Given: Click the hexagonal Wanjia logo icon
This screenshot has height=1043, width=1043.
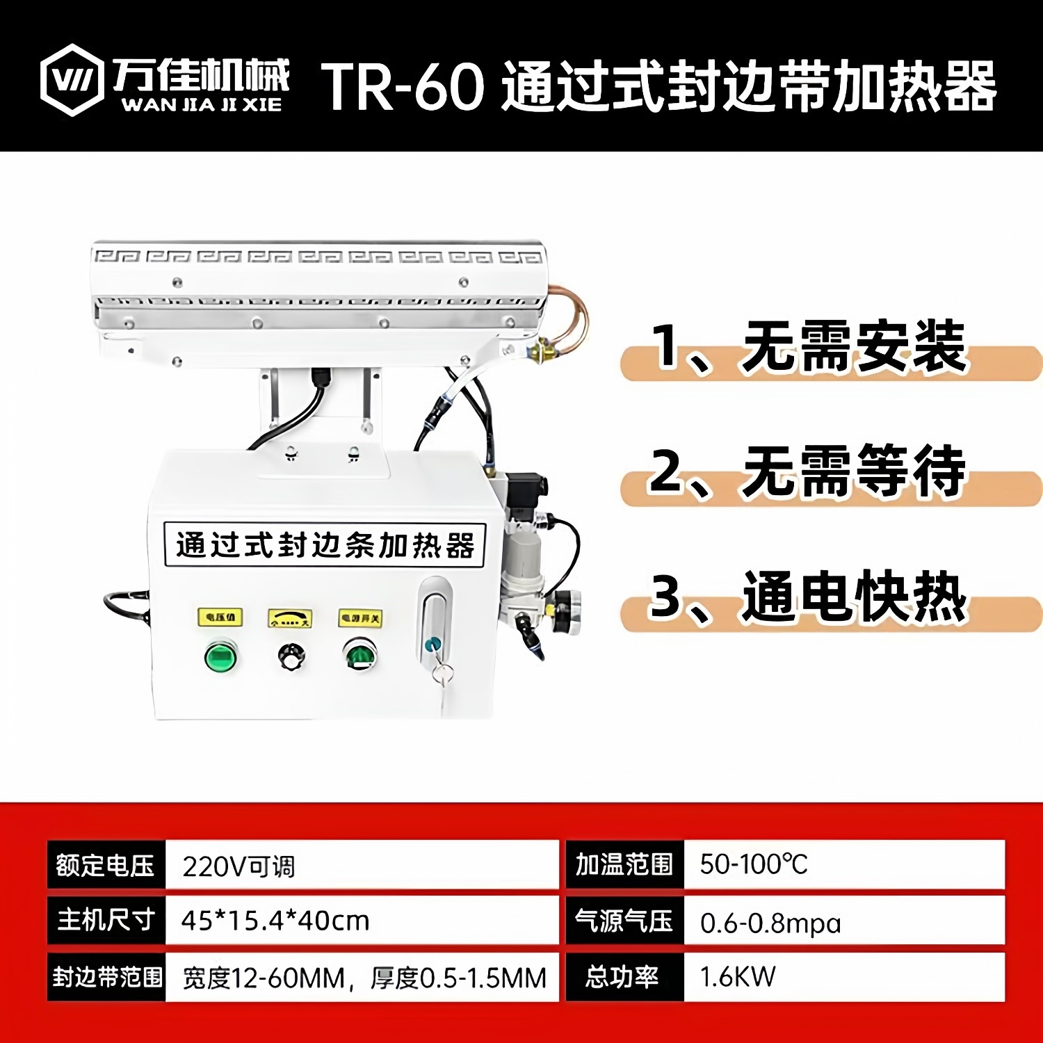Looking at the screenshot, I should coord(72,80).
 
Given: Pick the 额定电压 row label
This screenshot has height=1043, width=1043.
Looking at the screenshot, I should coord(106,865).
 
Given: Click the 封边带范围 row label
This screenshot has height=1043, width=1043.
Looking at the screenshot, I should coord(107,977).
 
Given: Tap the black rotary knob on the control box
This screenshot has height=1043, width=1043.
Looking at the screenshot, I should coord(291,656).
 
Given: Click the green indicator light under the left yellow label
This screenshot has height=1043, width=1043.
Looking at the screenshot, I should coord(220,656).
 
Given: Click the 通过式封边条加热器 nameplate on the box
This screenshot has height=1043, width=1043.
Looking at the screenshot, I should coord(324,545).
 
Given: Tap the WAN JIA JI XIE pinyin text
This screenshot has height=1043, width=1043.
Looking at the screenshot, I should coord(202,105).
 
